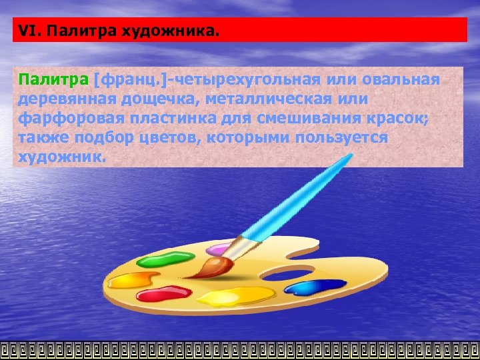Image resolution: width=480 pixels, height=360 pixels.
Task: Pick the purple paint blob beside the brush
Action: [x=217, y=251]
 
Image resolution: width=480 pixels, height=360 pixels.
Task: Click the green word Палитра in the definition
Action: [x=53, y=81]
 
